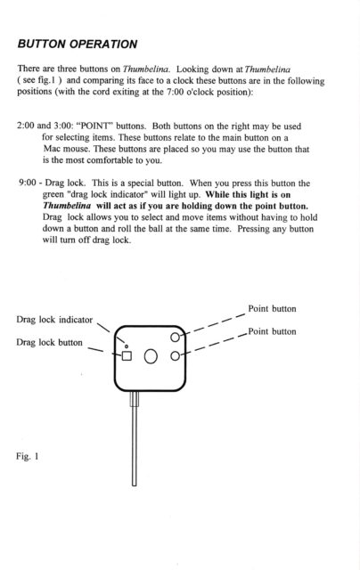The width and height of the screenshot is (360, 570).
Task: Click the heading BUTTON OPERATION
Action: (78, 44)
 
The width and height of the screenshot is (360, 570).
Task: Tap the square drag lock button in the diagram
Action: (127, 355)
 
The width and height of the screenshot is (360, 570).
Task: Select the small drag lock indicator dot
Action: (127, 346)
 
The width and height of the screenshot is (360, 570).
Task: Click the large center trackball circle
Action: (151, 356)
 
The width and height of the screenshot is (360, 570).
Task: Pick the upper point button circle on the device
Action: (176, 338)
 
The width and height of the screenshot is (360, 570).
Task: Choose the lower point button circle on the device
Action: (176, 355)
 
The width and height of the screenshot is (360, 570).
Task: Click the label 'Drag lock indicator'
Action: (54, 320)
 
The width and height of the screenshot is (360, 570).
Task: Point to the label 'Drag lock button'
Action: (49, 342)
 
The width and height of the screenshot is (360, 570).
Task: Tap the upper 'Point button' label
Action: (272, 309)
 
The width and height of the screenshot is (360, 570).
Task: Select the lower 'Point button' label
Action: (272, 331)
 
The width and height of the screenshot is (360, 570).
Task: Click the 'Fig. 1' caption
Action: (28, 456)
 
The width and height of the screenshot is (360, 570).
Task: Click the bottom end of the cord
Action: (135, 484)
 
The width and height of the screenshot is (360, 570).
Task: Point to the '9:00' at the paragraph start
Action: (28, 183)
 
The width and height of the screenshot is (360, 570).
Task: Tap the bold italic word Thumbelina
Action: (67, 206)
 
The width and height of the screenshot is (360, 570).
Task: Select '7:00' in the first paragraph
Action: (175, 92)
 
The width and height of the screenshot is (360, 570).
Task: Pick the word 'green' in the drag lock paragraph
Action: (53, 194)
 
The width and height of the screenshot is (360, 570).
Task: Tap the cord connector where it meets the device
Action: (135, 398)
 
